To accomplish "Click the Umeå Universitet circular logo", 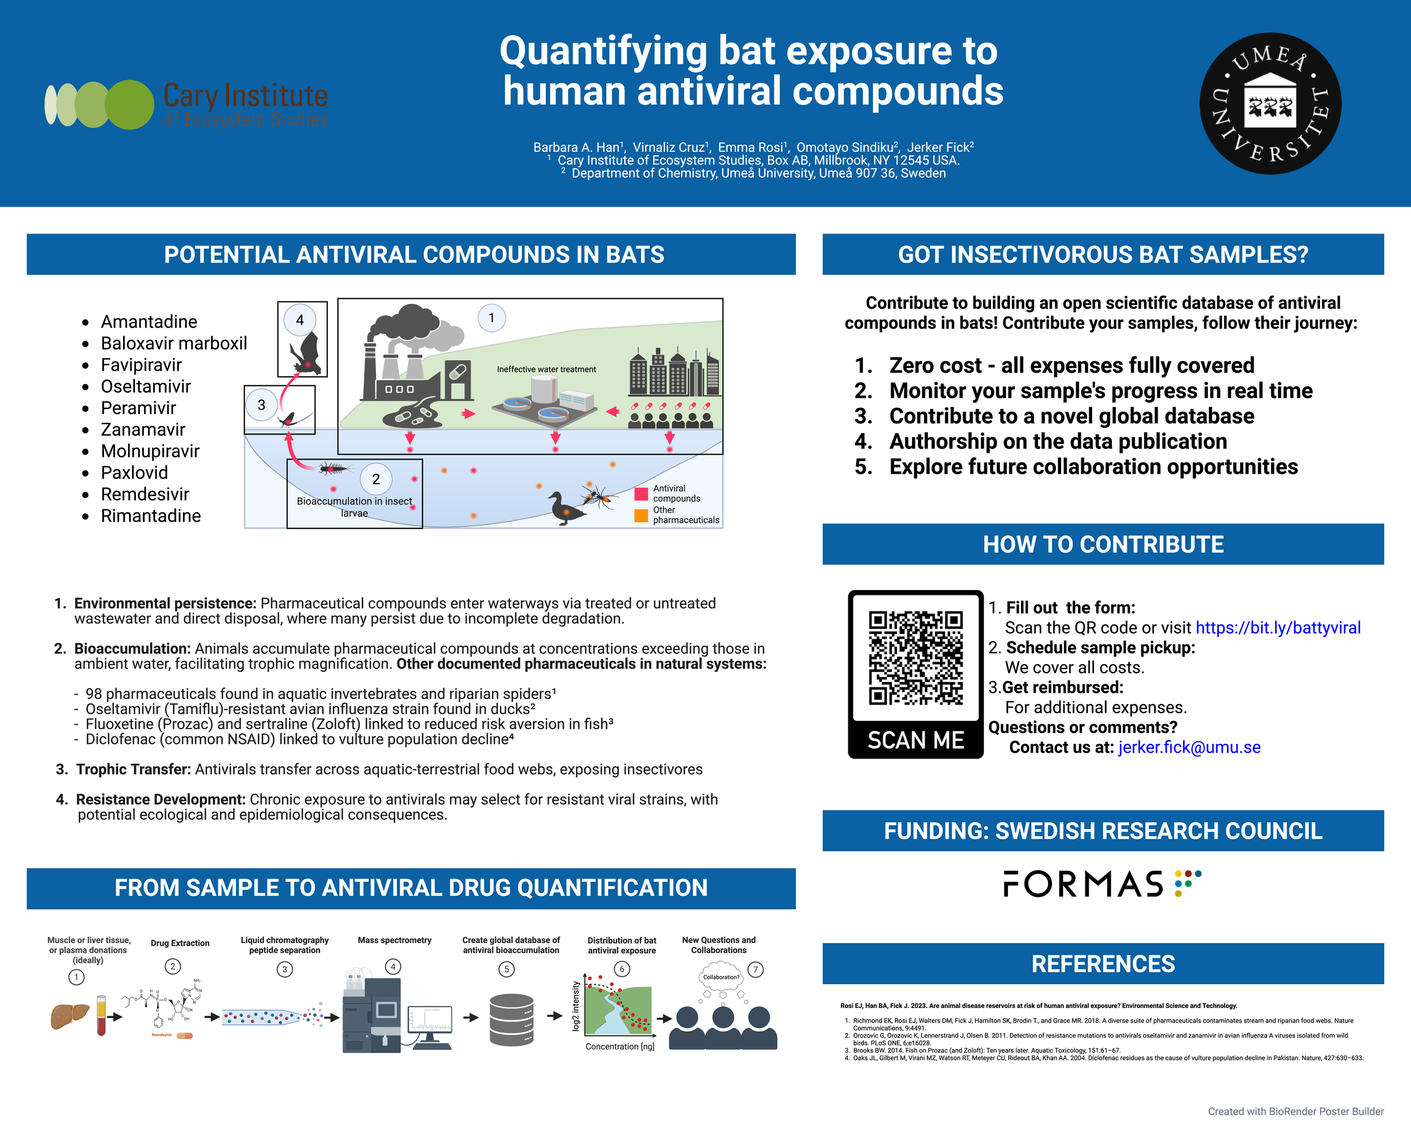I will click(1270, 103).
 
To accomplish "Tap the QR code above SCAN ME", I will click(915, 657).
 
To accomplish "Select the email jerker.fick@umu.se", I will click(1189, 747).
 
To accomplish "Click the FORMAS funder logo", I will click(1102, 884).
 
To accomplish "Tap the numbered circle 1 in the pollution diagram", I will click(492, 318).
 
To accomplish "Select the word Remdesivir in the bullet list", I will click(144, 494).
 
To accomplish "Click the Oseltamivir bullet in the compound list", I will click(145, 386).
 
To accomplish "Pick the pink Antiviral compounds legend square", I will click(641, 494).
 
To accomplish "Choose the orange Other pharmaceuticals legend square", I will click(641, 515).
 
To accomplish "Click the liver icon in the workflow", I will click(69, 1016).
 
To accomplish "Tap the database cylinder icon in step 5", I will click(511, 1019).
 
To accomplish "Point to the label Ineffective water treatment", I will click(546, 369).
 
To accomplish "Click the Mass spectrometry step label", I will click(394, 940).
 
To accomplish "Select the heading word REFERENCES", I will click(1103, 963).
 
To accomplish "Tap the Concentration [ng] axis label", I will click(619, 1047).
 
